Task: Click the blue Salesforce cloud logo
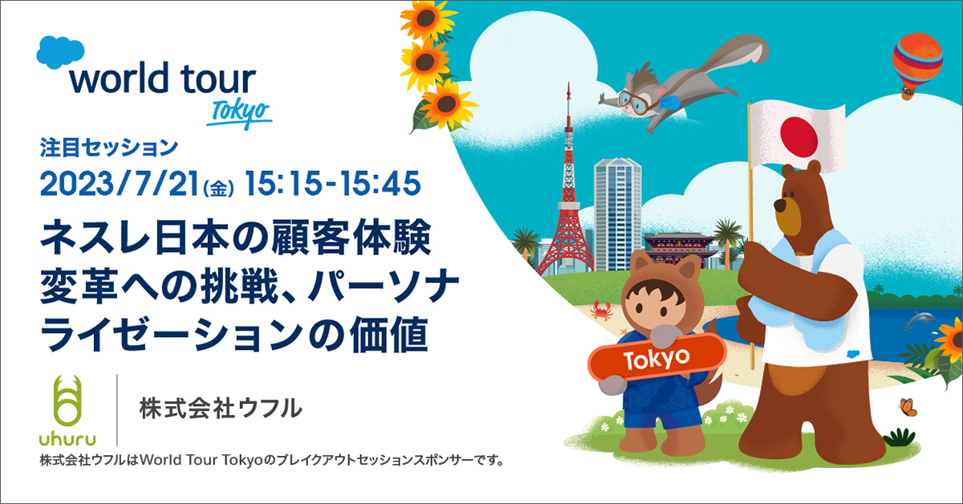pos(60,52)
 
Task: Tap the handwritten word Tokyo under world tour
pos(239,113)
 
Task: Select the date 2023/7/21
pos(119,184)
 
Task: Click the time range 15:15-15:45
pos(333,184)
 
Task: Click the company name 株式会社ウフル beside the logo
pos(221,408)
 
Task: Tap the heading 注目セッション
pos(109,148)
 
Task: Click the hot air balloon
pos(916,64)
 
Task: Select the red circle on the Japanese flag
pos(798,137)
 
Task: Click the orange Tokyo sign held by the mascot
pos(656,358)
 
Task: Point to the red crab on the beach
pos(601,310)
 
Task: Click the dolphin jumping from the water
pos(920,319)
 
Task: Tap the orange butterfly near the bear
pos(908,407)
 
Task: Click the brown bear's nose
pos(781,205)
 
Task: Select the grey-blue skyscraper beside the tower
pos(617,213)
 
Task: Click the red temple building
pos(678,250)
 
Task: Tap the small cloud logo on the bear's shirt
pos(853,354)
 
